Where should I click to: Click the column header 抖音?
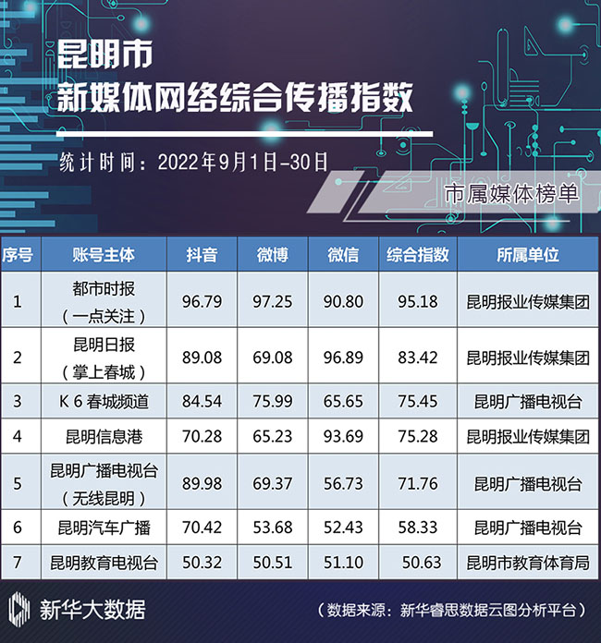202,254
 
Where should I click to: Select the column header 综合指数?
417,254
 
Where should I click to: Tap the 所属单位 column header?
528,254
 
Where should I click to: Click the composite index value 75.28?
417,436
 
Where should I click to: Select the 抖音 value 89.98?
202,483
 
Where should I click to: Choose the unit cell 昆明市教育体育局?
528,562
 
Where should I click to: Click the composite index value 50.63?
417,562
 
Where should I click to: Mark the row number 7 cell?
18,562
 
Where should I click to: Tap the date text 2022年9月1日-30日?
243,160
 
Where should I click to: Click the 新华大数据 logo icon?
19,609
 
